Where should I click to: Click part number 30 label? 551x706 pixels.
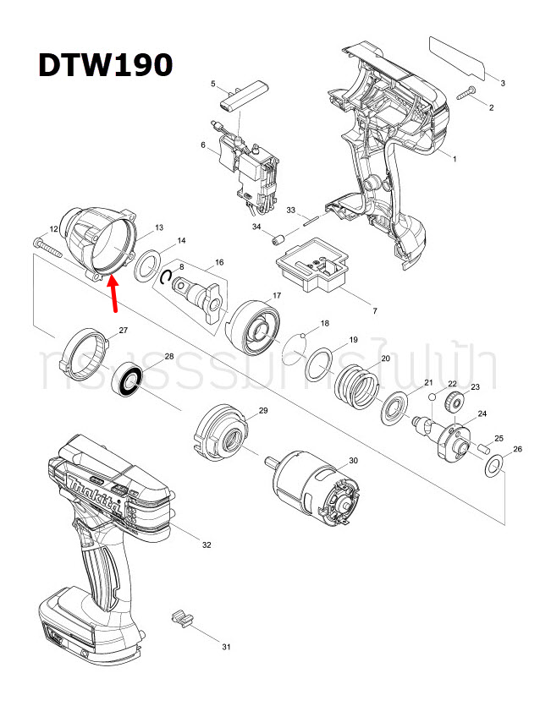click(354, 460)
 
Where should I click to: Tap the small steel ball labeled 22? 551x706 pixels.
click(432, 396)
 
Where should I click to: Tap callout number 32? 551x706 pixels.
click(206, 545)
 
